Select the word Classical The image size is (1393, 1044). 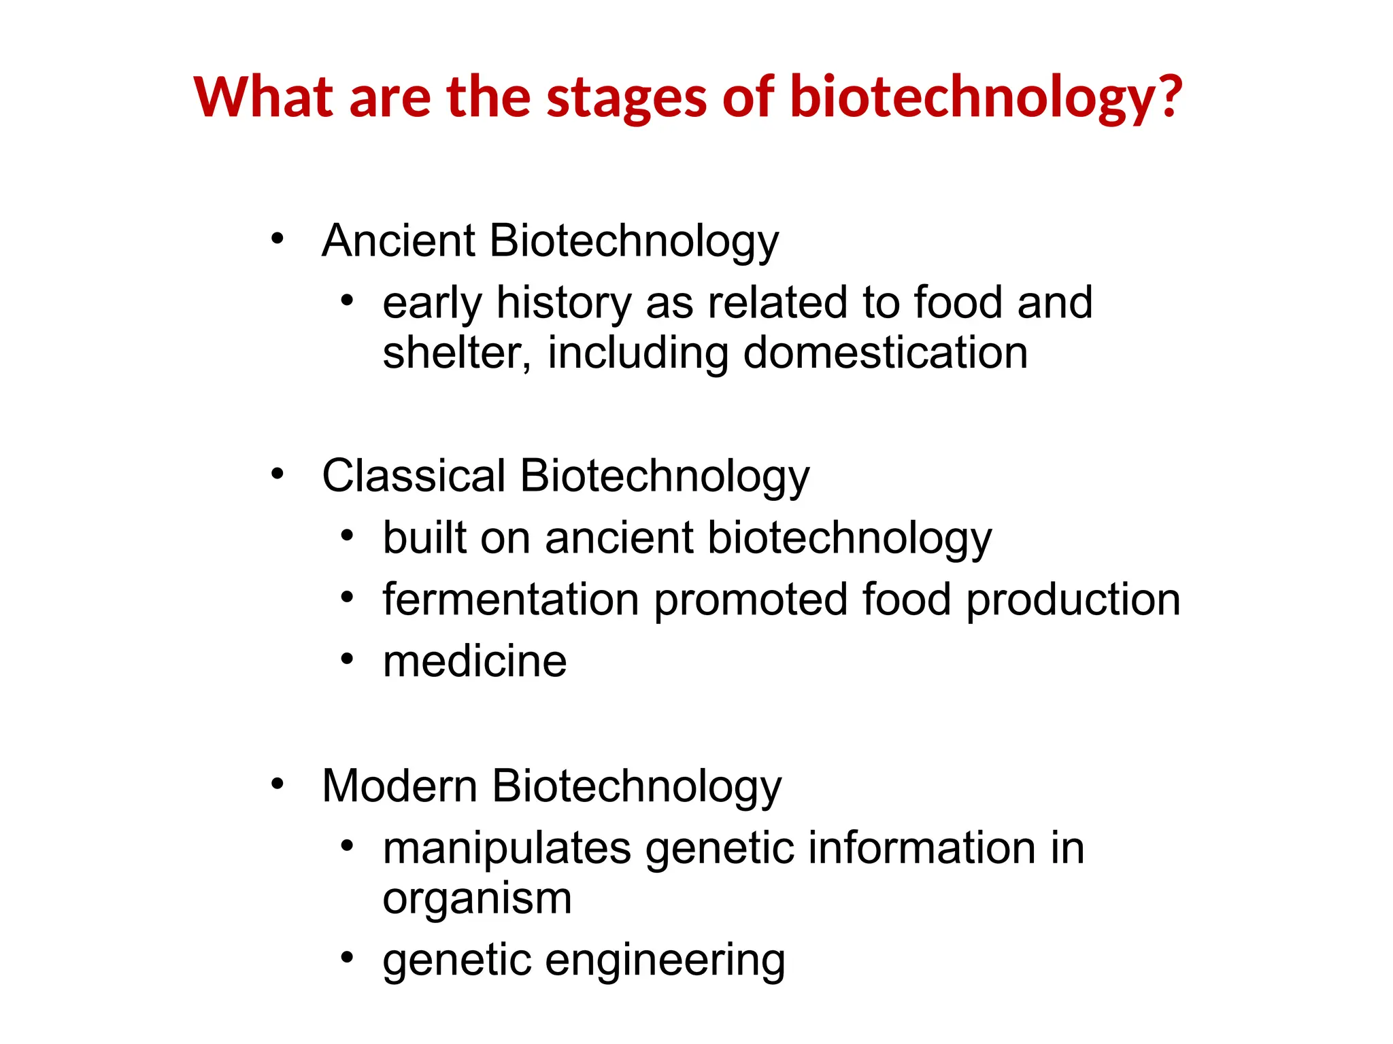click(414, 476)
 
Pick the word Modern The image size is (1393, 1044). click(400, 786)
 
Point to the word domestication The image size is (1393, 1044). click(885, 353)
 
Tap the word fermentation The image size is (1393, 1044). click(511, 600)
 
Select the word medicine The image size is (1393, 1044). click(475, 662)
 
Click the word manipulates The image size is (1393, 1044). click(507, 849)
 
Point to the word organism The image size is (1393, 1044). click(477, 899)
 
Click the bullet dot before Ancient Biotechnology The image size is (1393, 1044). click(277, 239)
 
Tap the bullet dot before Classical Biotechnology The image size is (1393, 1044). click(277, 474)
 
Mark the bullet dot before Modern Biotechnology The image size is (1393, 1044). click(277, 784)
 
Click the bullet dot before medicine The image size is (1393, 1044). click(348, 659)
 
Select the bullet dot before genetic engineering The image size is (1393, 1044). click(348, 957)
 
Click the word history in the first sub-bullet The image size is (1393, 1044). click(564, 303)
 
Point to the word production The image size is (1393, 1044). click(1073, 600)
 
